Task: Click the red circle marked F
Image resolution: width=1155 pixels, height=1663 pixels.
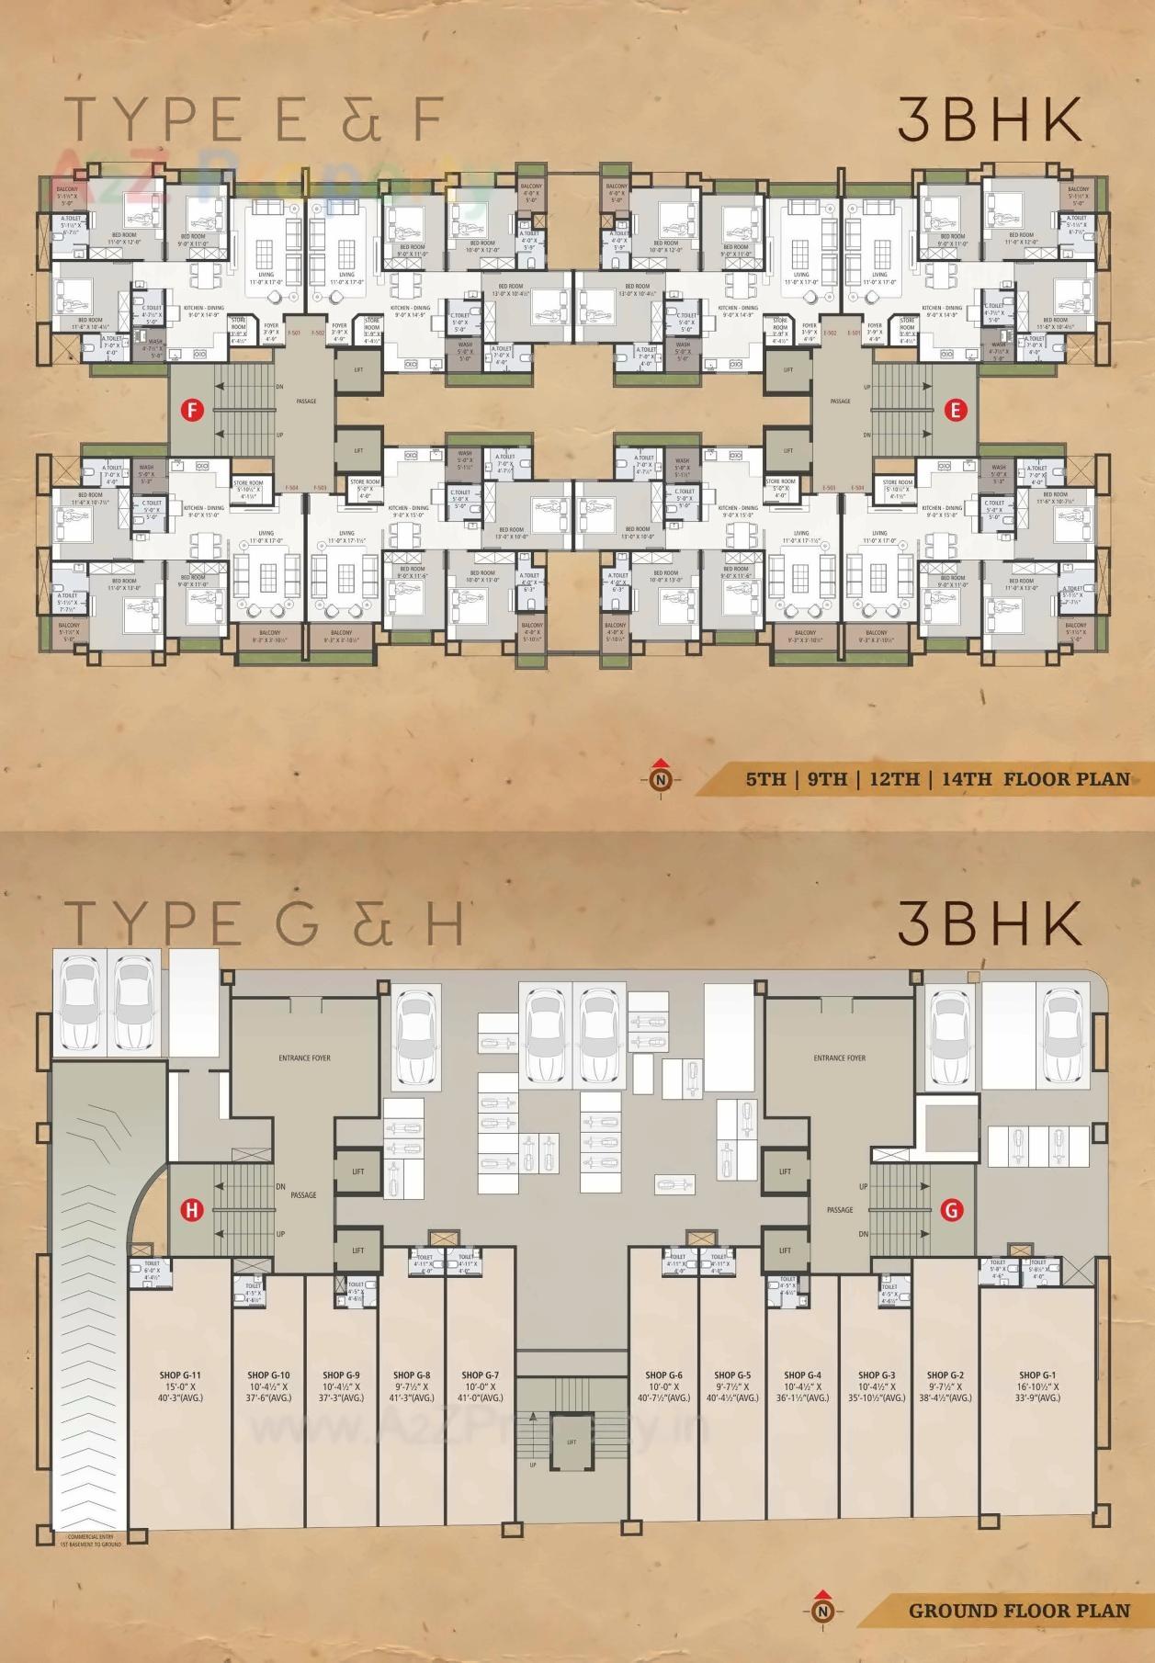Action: (191, 411)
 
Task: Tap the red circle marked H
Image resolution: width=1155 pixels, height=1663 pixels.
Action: (191, 1210)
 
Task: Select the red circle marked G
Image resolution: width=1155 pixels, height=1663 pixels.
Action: (953, 1210)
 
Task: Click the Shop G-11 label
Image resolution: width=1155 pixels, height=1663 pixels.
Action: (180, 1375)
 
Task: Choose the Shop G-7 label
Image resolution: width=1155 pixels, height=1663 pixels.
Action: (480, 1375)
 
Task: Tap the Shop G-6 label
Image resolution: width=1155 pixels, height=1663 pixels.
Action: (663, 1375)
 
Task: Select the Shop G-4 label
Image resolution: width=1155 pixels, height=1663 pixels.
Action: (802, 1375)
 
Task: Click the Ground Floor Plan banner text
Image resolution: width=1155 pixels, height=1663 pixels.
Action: (1019, 1610)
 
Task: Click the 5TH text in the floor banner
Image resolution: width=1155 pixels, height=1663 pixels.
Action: (764, 779)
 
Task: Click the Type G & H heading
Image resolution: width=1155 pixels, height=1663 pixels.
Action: (266, 923)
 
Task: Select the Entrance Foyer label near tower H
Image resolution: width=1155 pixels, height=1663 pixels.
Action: (304, 1058)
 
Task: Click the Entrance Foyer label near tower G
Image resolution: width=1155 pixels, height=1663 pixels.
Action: (839, 1058)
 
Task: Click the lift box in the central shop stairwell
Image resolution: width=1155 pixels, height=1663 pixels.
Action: (572, 1442)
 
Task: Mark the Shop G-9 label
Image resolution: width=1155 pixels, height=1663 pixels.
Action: (342, 1375)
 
